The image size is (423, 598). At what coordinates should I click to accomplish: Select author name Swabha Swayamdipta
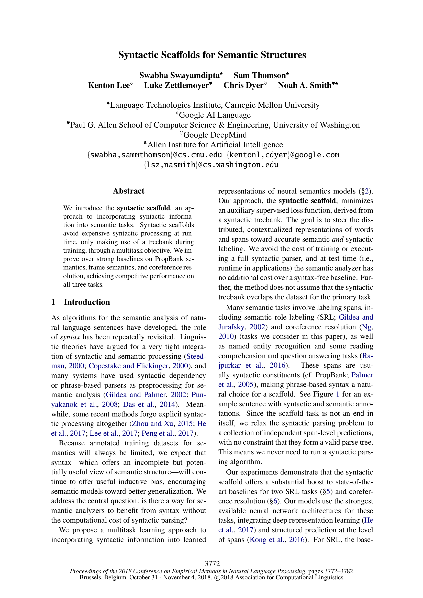(x=180, y=75)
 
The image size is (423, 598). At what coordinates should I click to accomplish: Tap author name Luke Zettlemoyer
(x=177, y=85)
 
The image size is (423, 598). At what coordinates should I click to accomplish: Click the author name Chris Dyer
(x=243, y=85)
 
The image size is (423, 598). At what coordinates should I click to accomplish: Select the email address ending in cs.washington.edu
(x=211, y=165)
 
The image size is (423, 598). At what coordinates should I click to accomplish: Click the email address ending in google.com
(x=283, y=155)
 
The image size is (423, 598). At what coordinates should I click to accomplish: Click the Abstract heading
(x=128, y=191)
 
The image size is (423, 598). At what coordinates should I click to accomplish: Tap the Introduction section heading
(x=87, y=302)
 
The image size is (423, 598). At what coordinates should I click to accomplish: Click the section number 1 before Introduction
(x=53, y=302)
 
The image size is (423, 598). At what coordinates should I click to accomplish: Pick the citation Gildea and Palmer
(x=136, y=395)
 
